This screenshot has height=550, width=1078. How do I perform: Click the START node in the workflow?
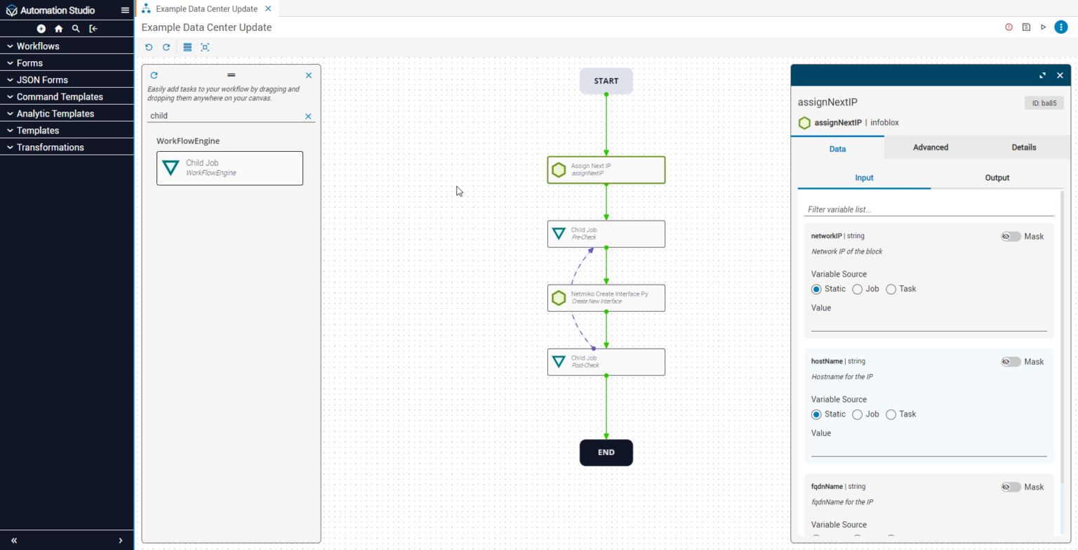[606, 81]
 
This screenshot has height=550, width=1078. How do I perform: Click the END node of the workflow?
[606, 452]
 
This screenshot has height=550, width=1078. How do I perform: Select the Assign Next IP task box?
[606, 169]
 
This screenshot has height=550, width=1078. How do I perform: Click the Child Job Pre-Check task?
[606, 233]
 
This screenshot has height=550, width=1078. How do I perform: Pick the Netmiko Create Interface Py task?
[606, 298]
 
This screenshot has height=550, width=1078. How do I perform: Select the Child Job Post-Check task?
[606, 362]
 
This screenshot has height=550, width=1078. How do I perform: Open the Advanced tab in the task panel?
[931, 148]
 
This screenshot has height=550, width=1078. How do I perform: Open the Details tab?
[1023, 148]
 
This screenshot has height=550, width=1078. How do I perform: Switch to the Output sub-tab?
[997, 178]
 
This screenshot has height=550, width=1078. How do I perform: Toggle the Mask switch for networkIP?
[1011, 237]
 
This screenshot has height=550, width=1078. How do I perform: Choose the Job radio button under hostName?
[858, 414]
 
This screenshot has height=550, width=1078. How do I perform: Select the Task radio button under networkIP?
[891, 289]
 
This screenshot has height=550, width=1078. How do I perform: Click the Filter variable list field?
[929, 209]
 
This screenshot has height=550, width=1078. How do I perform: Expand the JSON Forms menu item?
[42, 80]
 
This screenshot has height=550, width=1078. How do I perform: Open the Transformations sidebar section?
[50, 148]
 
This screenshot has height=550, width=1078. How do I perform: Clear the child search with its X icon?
[308, 117]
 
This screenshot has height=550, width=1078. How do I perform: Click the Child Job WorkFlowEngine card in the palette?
[229, 168]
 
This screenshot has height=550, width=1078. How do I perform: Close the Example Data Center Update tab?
[268, 8]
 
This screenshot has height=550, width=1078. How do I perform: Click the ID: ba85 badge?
[1044, 103]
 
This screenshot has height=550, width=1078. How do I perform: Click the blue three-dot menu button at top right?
[1060, 27]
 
